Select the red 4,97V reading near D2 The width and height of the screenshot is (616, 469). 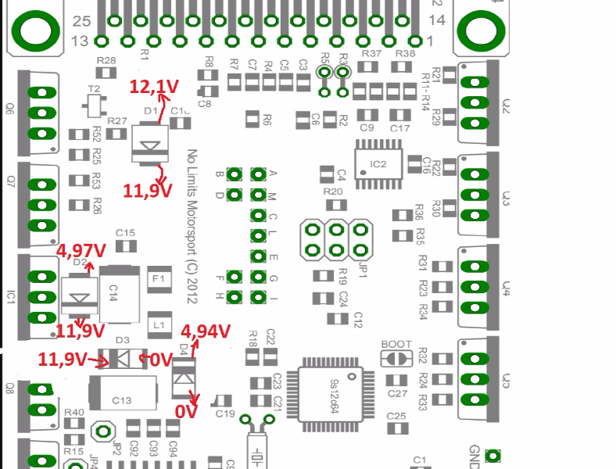tap(81, 251)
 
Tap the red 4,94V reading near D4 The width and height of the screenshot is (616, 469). tap(206, 331)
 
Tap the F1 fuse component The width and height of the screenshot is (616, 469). tap(158, 278)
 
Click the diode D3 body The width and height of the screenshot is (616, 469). tap(123, 358)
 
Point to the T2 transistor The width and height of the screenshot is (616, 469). tap(95, 102)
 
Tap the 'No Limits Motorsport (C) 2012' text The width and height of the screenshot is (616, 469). tap(192, 227)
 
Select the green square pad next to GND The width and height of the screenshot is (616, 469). tap(492, 455)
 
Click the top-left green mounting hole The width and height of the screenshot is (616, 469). tap(35, 30)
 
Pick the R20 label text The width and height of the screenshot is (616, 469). tap(332, 192)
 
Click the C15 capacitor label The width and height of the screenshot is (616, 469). tap(125, 232)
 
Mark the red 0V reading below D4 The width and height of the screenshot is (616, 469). tap(185, 410)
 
